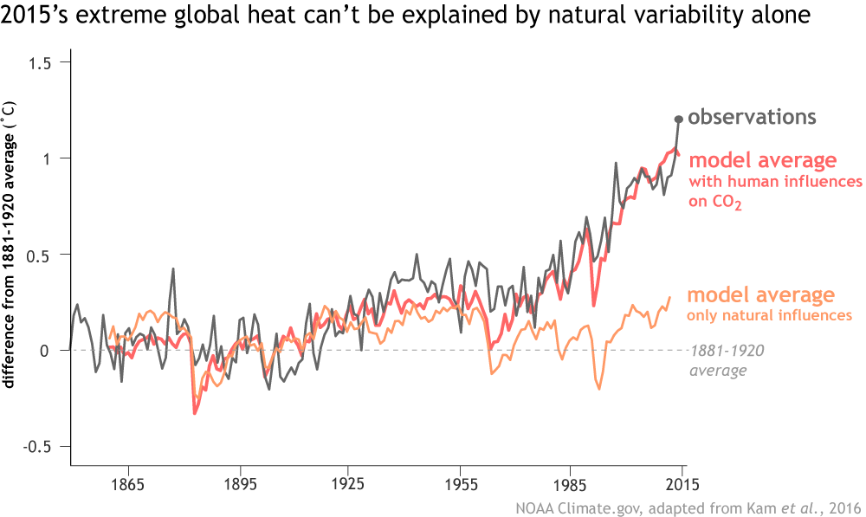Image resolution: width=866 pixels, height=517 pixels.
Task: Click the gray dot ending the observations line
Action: click(x=679, y=119)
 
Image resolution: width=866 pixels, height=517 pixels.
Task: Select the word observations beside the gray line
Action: click(x=753, y=116)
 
